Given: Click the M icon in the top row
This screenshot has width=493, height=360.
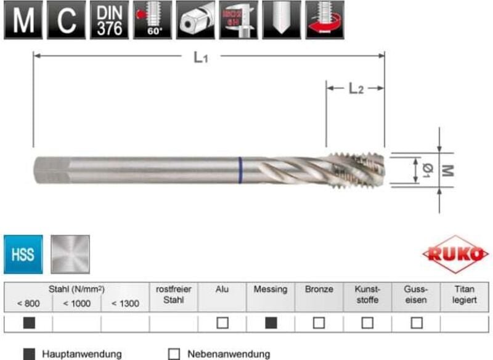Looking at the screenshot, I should click(x=23, y=21).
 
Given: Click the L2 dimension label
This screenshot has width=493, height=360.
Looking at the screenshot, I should click(x=356, y=89).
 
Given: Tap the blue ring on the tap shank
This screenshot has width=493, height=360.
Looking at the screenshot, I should click(x=240, y=171).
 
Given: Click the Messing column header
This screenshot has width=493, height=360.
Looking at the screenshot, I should click(x=271, y=289).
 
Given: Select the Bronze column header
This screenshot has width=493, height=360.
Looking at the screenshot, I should click(x=319, y=289).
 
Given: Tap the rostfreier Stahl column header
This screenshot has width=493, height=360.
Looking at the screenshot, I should click(x=174, y=294).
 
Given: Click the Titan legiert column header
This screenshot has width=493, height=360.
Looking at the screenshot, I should click(x=465, y=294).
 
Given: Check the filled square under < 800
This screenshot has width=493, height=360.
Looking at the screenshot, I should click(x=28, y=322).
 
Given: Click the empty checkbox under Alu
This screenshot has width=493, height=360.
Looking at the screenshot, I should click(x=222, y=322).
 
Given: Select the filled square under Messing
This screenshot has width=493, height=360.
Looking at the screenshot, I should click(x=271, y=322).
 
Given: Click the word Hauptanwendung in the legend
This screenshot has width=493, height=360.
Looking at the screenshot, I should click(x=81, y=354).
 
